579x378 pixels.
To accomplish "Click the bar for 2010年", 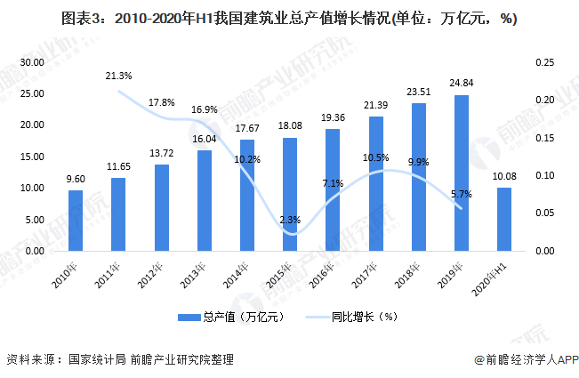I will click(x=76, y=221).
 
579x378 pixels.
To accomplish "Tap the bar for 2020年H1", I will click(x=503, y=219).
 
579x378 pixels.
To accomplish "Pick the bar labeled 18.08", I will click(x=290, y=194).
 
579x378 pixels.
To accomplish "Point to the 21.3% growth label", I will click(x=118, y=76).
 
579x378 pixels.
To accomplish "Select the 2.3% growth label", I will click(x=290, y=219).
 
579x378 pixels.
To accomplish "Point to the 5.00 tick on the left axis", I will click(x=35, y=220).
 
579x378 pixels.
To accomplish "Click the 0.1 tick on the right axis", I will click(x=541, y=175).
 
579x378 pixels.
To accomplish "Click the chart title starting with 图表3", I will click(x=289, y=18).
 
